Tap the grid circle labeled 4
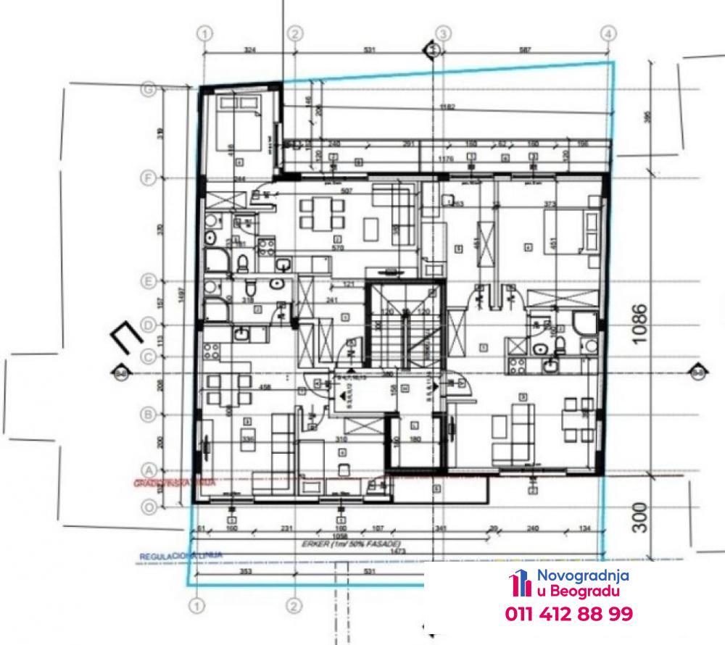click(x=609, y=33)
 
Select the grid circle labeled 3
click(x=444, y=33)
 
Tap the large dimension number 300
click(x=639, y=515)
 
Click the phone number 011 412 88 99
click(x=568, y=614)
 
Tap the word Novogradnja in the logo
click(x=582, y=576)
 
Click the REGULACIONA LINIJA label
click(x=181, y=557)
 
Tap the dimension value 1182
click(x=447, y=108)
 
